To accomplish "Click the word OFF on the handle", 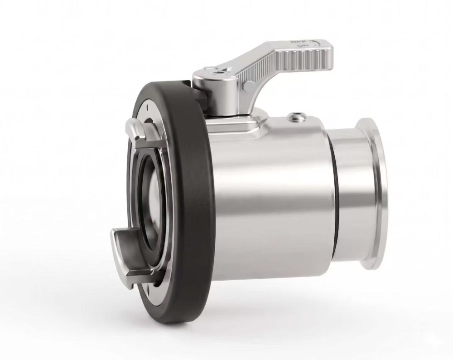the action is (297, 42).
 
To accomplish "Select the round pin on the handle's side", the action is (248, 86).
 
